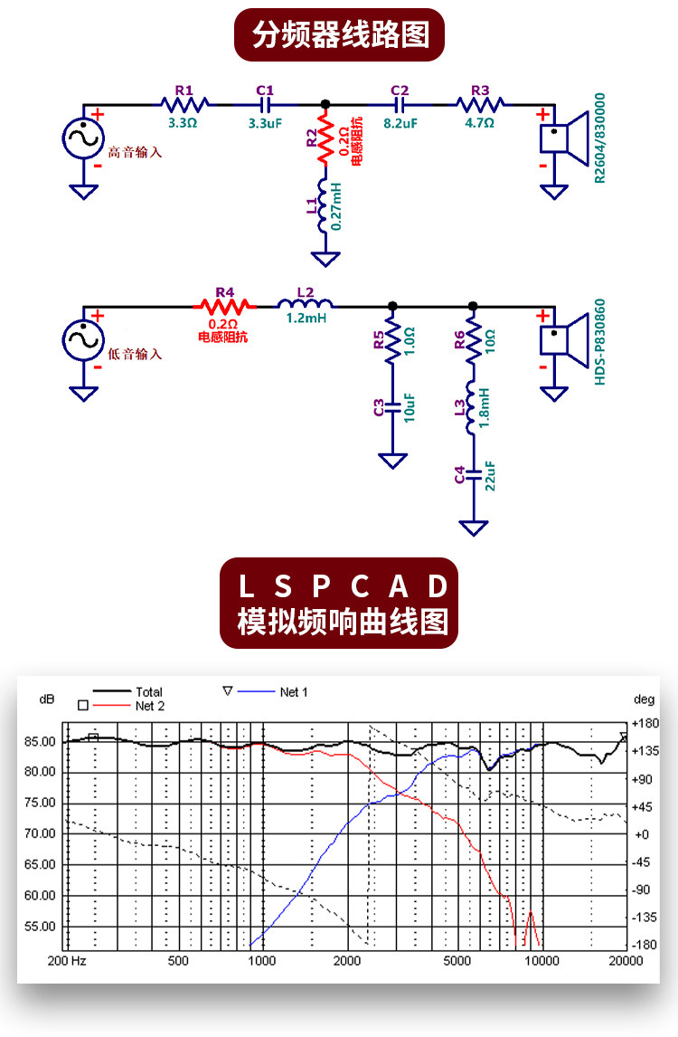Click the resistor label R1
pos(184,90)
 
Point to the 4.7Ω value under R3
pos(479,122)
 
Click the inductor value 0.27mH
pos(336,207)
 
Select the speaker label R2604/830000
pos(599,138)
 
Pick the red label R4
pos(224,293)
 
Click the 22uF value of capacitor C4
pos(490,475)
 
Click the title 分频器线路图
pos(340,35)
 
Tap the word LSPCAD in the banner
pos(343,586)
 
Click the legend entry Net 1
pos(294,692)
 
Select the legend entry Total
pos(149,692)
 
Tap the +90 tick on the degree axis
pos(643,779)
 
